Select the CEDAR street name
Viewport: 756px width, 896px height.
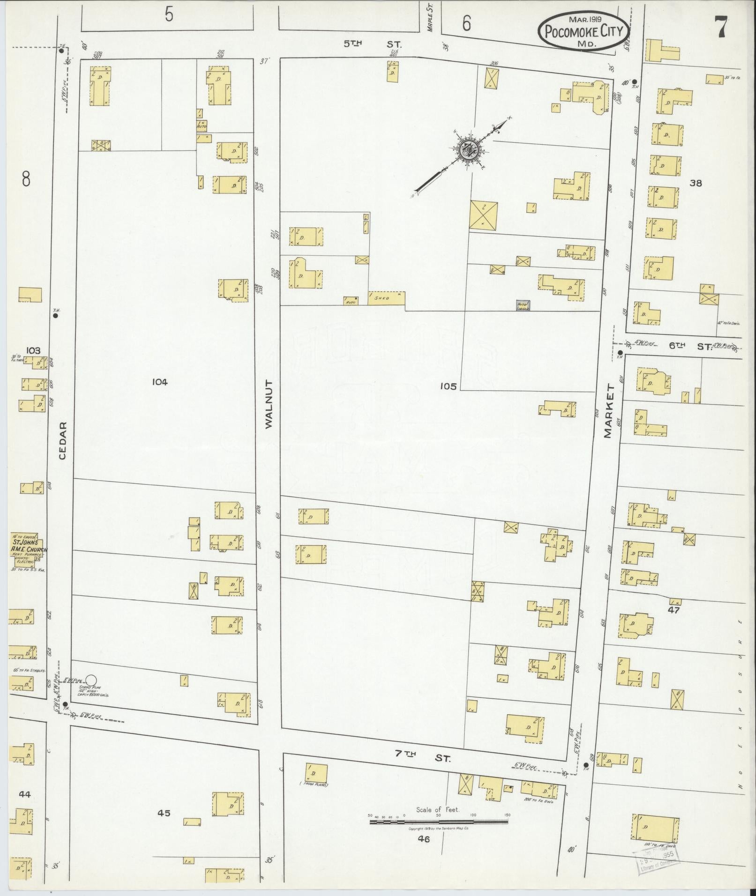pos(64,441)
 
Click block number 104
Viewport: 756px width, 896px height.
pos(159,382)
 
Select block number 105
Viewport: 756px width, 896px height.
pos(448,386)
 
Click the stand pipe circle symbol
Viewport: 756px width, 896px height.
pos(92,679)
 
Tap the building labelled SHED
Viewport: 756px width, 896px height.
pos(386,298)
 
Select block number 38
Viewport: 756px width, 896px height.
pos(696,183)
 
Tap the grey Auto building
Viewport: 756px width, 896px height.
pos(524,305)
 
